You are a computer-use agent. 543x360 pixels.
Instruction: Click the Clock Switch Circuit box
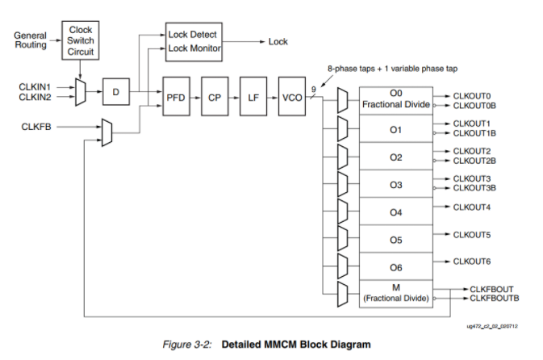point(81,40)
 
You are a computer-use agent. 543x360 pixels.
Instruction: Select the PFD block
point(176,96)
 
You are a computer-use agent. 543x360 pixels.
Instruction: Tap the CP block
point(215,96)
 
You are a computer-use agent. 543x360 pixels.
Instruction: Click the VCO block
point(291,96)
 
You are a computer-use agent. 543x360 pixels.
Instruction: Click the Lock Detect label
point(193,35)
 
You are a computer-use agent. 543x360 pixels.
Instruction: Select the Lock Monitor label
point(194,48)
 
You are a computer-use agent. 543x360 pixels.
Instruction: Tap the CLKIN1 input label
point(36,86)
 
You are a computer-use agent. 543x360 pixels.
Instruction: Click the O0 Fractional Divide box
point(397,100)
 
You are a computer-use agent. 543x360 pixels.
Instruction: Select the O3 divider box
point(395,185)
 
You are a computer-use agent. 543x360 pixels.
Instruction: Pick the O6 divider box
point(395,267)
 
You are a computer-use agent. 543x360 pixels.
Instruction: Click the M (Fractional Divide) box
point(395,294)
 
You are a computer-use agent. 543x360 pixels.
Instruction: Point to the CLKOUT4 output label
point(472,207)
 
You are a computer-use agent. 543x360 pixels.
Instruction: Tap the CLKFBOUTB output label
point(494,299)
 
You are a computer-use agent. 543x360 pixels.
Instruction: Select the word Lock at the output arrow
point(278,41)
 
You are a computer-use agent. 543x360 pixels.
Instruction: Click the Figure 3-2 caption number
point(190,345)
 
